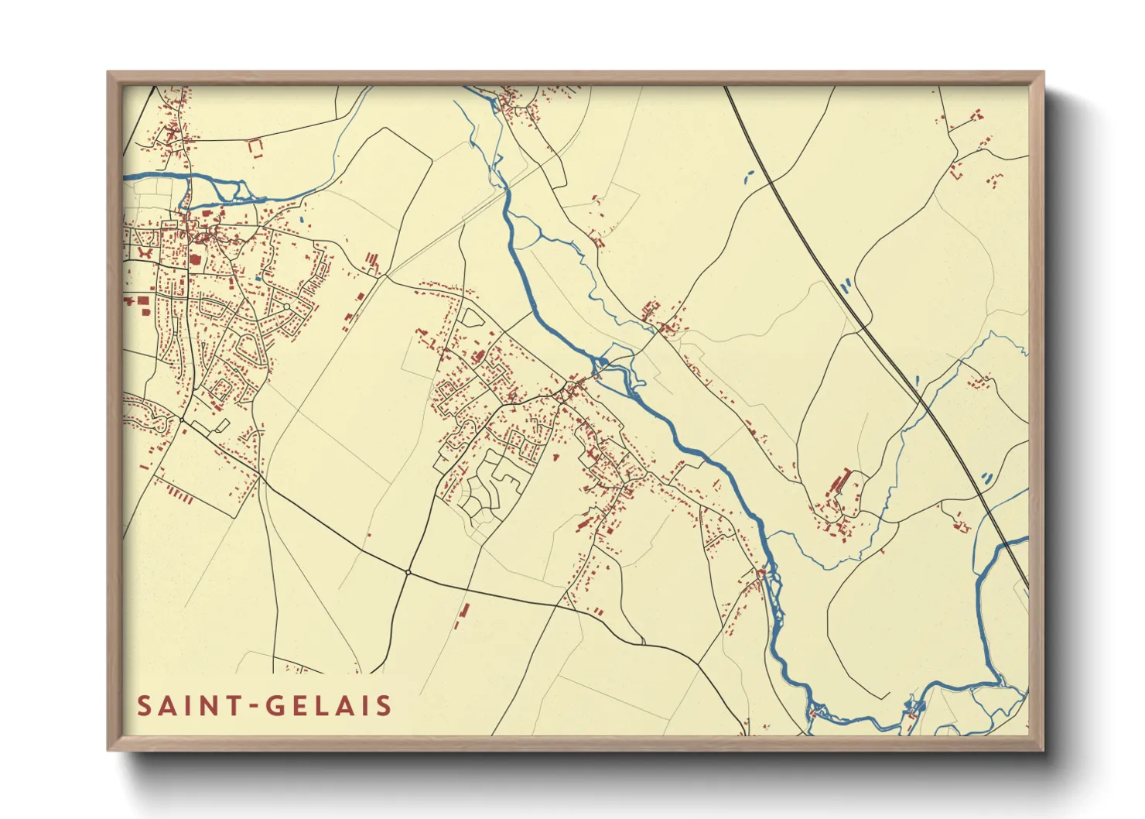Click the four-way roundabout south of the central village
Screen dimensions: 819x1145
click(408, 572)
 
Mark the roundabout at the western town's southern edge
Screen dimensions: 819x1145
click(182, 420)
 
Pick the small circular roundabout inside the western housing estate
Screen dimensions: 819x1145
click(286, 307)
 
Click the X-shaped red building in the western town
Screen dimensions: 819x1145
click(145, 252)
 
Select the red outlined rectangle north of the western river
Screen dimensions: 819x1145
click(255, 146)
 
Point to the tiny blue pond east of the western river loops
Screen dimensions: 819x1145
click(302, 207)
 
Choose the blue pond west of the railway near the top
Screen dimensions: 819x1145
click(747, 176)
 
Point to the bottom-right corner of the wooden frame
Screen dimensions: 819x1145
click(1043, 749)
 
